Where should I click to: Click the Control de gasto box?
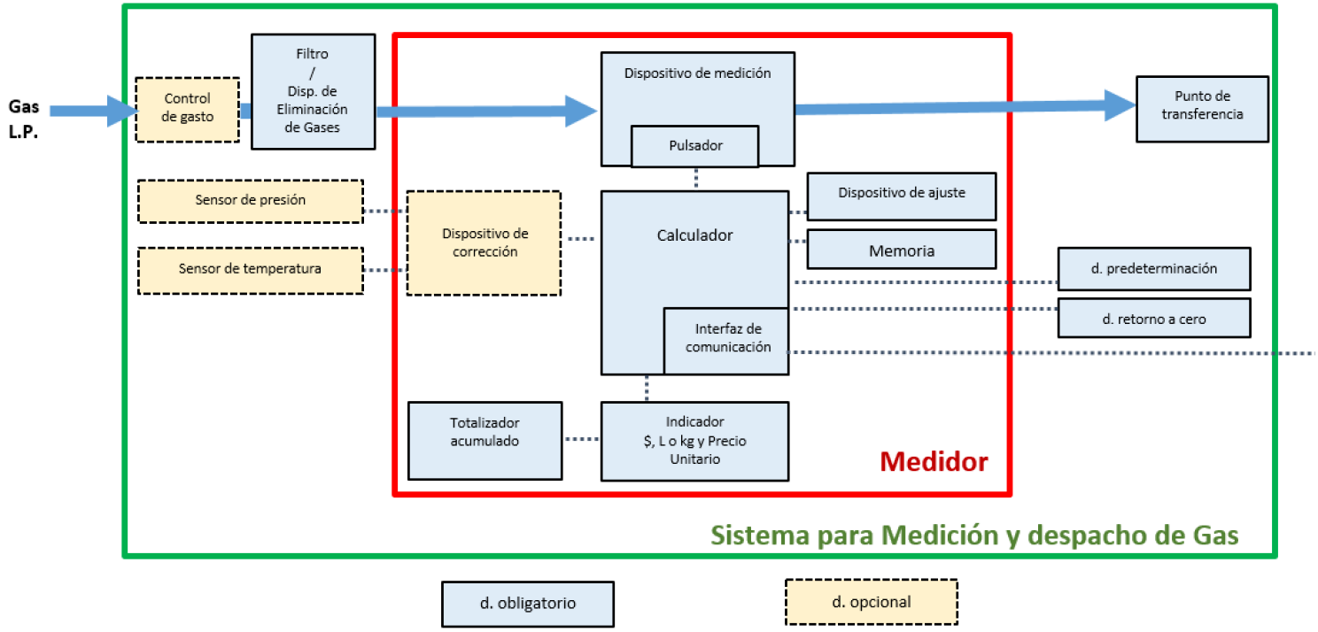pos(188,109)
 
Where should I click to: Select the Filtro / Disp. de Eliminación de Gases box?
pos(312,91)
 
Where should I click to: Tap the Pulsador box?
pos(694,146)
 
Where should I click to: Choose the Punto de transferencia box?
pos(1202,108)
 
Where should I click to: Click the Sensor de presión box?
pos(251,201)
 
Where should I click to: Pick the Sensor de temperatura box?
pos(251,270)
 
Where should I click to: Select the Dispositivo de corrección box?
pos(484,243)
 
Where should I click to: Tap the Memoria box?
pos(901,250)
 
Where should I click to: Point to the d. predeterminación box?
pos(1153,269)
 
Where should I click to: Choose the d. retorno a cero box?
pos(1153,319)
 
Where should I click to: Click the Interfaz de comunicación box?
pos(726,340)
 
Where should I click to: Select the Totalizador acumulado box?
pos(484,440)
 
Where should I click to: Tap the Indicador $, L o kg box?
pos(694,441)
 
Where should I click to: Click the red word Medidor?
pos(934,462)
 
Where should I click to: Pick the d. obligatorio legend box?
pos(527,604)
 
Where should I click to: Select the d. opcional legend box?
pos(871,603)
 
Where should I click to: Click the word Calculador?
pos(694,235)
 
